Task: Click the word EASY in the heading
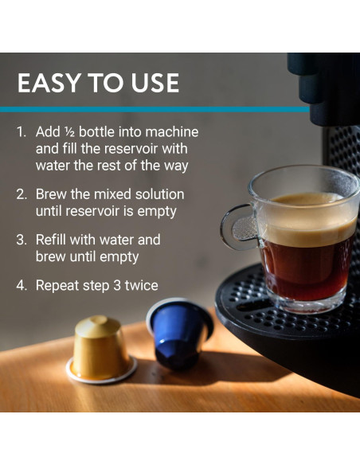click(x=49, y=83)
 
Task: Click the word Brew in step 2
click(x=51, y=194)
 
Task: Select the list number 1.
click(x=22, y=132)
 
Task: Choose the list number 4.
click(x=22, y=286)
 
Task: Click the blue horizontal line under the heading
click(x=155, y=109)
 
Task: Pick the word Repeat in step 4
click(x=57, y=286)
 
